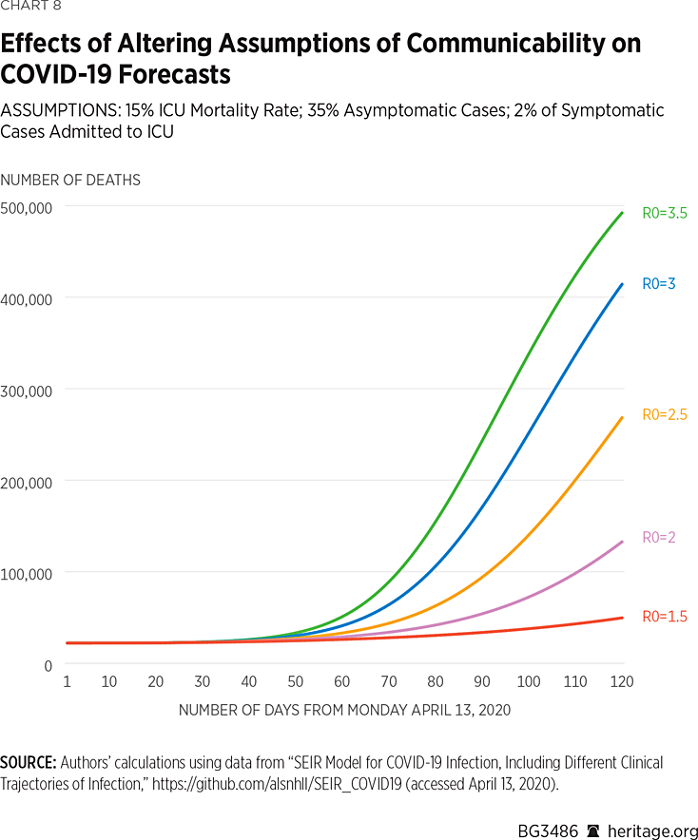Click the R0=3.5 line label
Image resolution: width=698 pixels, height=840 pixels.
pos(664,214)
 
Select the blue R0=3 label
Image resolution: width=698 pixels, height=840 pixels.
pos(658,283)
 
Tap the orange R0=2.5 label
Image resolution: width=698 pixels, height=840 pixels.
pos(664,414)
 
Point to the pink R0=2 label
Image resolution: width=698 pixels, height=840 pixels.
pos(658,537)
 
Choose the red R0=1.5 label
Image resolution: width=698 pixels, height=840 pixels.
pos(664,617)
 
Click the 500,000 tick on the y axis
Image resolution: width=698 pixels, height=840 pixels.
pos(28,207)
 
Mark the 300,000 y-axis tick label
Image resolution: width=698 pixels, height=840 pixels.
pos(28,391)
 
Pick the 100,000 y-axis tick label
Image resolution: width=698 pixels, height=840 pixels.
pos(28,574)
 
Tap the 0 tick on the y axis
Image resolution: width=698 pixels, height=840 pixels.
pos(48,665)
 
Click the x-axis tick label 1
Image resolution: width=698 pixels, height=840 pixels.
pos(67,682)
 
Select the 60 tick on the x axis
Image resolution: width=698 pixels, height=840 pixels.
pos(342,682)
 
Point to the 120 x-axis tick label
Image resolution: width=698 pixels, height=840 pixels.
pos(622,682)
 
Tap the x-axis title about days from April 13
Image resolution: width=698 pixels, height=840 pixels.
pos(345,710)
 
